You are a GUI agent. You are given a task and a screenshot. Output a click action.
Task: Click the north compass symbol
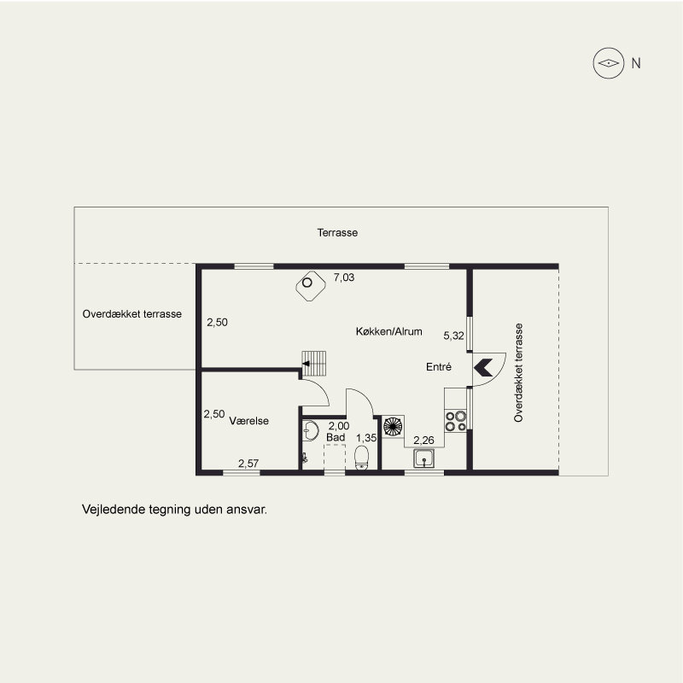[609, 63]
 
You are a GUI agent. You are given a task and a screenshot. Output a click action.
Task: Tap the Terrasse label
[337, 232]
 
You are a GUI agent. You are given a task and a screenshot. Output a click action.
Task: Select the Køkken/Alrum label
[389, 331]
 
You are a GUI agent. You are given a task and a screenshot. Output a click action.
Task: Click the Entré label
[439, 367]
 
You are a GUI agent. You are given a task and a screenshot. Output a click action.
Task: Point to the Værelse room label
[248, 421]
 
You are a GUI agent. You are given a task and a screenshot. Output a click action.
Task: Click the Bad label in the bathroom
[336, 437]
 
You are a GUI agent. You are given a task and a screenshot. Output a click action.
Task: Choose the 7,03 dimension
[344, 277]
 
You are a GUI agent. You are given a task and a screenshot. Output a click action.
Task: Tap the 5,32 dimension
[453, 336]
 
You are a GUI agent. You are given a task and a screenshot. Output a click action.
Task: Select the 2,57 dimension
[248, 464]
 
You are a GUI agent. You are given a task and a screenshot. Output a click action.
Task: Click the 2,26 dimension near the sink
[423, 441]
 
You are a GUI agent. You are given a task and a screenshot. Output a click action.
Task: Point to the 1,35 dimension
[366, 438]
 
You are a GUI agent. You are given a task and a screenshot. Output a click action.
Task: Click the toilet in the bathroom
[361, 458]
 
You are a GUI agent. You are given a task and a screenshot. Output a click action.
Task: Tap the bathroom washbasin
[310, 430]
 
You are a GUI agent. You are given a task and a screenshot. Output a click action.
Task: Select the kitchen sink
[423, 458]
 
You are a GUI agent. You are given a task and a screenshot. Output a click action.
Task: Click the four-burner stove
[456, 421]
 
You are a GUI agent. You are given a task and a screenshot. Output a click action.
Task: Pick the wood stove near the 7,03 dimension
[311, 286]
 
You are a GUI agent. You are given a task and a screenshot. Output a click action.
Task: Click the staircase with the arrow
[314, 364]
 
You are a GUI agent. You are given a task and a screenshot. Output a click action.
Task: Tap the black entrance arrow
[483, 368]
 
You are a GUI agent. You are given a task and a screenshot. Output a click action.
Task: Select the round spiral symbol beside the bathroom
[393, 426]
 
